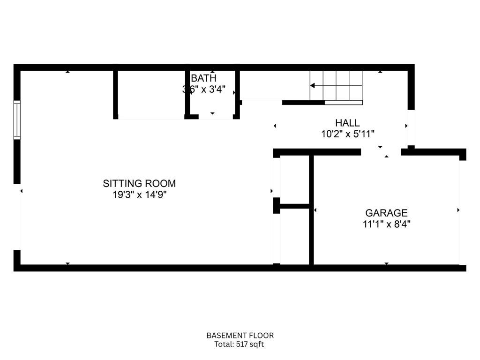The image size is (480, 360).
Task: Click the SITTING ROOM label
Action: click(x=139, y=183)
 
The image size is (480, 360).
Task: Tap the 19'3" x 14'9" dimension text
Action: click(x=139, y=195)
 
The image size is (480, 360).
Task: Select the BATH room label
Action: click(x=203, y=78)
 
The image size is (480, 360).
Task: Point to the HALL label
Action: click(x=347, y=123)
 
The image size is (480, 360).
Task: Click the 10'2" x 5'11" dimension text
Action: click(x=348, y=134)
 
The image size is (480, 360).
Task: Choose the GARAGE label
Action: click(x=386, y=213)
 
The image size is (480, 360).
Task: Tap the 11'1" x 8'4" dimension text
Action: click(x=386, y=224)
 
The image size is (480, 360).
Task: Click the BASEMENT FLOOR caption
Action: click(x=240, y=336)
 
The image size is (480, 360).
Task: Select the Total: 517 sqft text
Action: click(x=239, y=345)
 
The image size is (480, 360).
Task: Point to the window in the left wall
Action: click(x=17, y=120)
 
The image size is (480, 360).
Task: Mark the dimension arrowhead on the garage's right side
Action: click(x=458, y=210)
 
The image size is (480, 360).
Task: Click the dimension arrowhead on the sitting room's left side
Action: click(x=22, y=191)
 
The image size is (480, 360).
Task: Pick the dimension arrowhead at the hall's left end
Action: click(x=275, y=126)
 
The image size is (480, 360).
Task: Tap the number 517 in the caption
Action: click(x=241, y=345)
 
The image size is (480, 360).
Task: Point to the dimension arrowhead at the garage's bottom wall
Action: click(x=387, y=263)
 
